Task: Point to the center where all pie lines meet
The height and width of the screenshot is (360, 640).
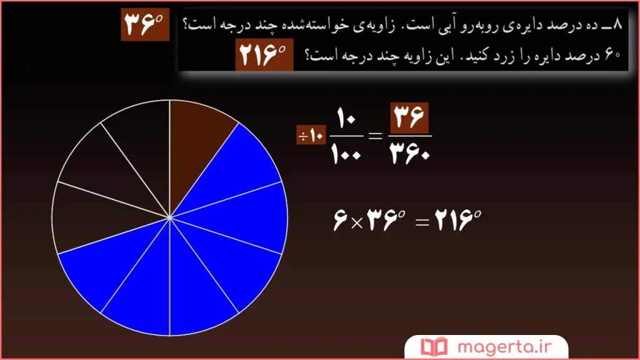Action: tap(170, 217)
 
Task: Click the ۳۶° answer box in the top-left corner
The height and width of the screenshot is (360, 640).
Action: tap(144, 26)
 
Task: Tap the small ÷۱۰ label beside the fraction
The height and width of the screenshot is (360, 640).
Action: tap(311, 136)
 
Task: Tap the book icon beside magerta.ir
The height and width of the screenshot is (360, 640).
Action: tap(432, 346)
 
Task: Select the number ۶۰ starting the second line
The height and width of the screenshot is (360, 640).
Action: tap(612, 55)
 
